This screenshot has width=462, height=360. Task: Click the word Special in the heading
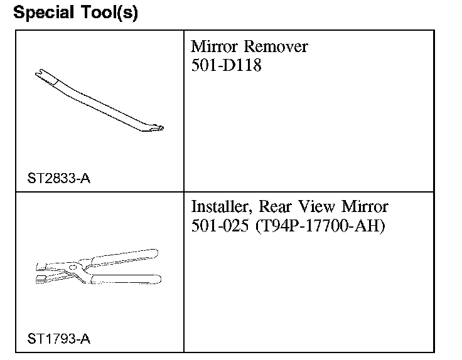[43, 13]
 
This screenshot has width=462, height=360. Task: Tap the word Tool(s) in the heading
[109, 13]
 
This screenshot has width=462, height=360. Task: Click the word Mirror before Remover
[214, 46]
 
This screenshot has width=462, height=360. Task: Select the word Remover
[276, 46]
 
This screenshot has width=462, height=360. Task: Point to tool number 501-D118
[226, 65]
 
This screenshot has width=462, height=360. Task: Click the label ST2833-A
[58, 178]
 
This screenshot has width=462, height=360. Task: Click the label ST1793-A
[58, 339]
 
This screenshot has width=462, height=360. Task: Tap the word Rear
[275, 206]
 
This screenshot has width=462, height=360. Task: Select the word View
[316, 206]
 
